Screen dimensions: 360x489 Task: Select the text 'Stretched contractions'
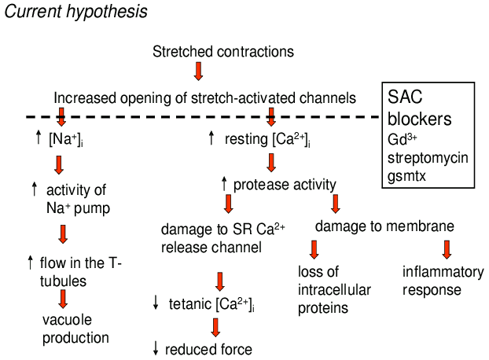coord(223,52)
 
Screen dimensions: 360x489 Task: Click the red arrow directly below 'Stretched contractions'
coord(198,72)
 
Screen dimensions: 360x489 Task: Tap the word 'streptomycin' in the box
coord(428,157)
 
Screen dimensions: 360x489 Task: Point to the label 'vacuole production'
coord(75,328)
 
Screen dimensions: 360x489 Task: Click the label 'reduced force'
coord(211,350)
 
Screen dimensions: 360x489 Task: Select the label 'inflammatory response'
coord(443,281)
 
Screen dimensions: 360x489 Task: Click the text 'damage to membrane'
coord(384,226)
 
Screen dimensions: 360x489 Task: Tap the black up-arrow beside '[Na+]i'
coord(37,140)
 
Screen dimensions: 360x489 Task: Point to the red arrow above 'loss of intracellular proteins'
coord(313,250)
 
